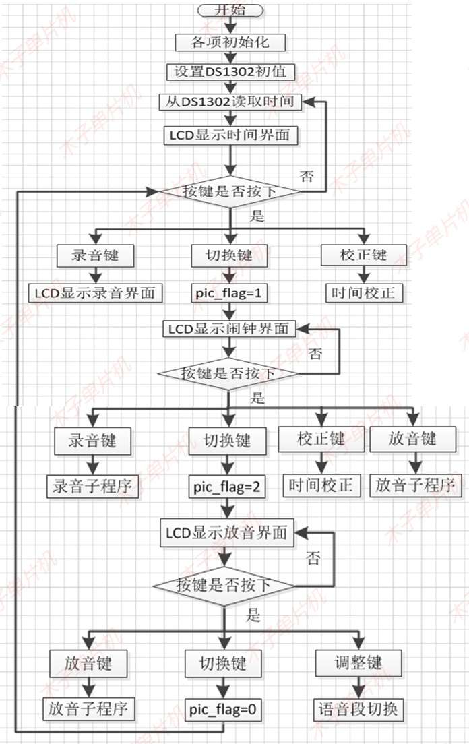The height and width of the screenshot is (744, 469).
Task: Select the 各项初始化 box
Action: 230,41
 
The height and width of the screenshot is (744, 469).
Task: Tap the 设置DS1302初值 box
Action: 230,71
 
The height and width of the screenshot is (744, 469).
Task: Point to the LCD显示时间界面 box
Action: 230,134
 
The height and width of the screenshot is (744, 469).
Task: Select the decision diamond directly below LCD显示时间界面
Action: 230,191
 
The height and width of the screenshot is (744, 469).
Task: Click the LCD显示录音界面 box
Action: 96,292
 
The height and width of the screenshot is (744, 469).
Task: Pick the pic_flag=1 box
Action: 230,292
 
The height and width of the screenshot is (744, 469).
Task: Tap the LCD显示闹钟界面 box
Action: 230,328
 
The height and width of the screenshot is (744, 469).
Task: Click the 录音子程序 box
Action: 91,485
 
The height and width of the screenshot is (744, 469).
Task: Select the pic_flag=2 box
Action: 227,485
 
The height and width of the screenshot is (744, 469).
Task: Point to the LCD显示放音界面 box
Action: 227,533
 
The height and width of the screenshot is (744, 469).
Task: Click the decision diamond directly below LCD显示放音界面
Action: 225,584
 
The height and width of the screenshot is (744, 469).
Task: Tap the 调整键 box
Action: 358,663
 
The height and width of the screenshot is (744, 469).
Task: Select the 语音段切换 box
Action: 358,709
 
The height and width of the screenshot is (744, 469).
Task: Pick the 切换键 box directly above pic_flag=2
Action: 227,441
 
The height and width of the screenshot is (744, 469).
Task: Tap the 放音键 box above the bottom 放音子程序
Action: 89,663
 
